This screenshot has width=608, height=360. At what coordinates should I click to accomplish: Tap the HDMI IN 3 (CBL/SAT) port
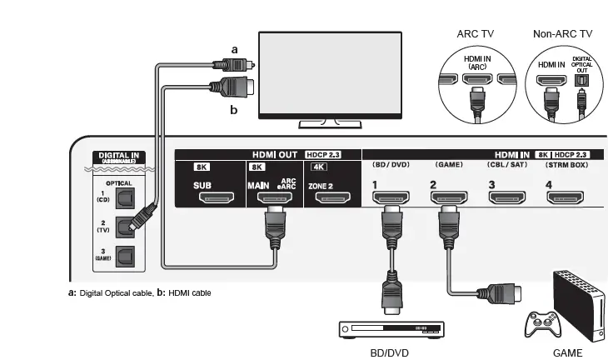506,197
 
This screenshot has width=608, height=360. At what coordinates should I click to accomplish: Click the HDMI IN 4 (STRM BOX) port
565,197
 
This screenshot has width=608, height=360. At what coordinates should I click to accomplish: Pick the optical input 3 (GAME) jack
125,254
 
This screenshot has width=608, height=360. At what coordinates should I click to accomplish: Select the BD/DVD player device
390,330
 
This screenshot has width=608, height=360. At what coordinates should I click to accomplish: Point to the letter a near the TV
234,50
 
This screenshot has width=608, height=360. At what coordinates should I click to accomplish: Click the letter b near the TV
234,107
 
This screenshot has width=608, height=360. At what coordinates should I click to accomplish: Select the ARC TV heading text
476,34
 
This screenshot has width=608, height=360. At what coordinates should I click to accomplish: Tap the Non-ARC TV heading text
563,34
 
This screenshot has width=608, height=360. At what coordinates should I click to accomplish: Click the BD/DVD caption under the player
389,352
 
